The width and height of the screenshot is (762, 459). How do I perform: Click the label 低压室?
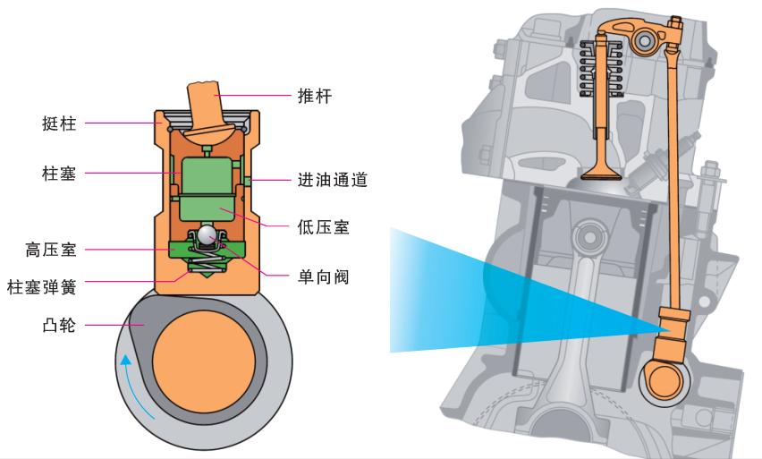[x=323, y=228]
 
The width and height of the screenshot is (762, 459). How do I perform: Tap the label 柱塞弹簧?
[x=41, y=286]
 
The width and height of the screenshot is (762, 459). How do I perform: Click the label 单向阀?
[x=323, y=276]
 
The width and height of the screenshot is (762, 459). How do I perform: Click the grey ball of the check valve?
[x=207, y=235]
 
